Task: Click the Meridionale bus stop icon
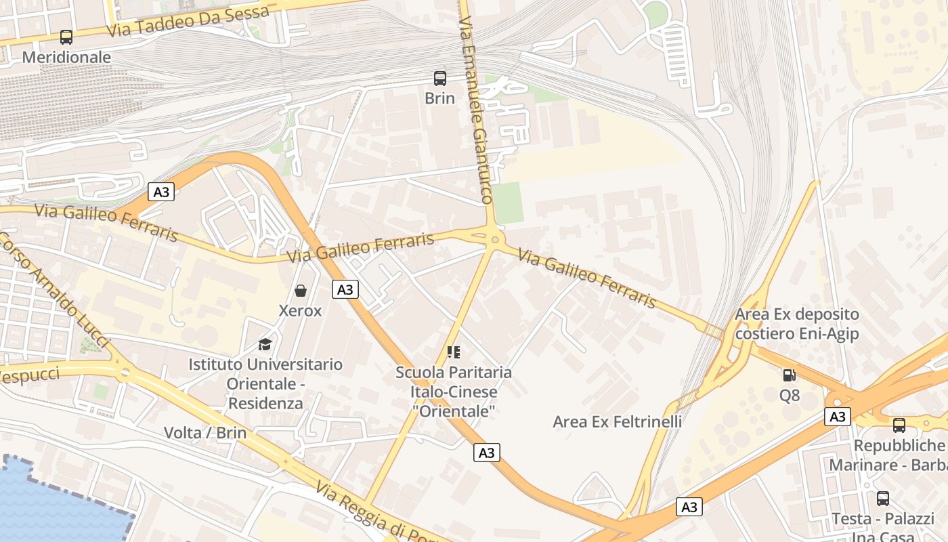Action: point(66,37)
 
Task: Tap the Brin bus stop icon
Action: point(440,78)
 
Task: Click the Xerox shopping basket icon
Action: point(301,291)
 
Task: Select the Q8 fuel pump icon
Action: point(790,375)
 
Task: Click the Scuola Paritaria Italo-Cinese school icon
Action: point(454,352)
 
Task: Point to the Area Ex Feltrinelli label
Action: point(617,421)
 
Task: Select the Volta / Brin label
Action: point(205,433)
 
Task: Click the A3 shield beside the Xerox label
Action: point(345,289)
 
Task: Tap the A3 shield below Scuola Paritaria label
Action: point(486,453)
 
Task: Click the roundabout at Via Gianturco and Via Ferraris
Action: point(495,238)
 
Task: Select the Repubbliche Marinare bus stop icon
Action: point(899,425)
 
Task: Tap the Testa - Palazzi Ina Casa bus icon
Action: point(883,499)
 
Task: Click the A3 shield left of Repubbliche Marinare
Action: point(838,416)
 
